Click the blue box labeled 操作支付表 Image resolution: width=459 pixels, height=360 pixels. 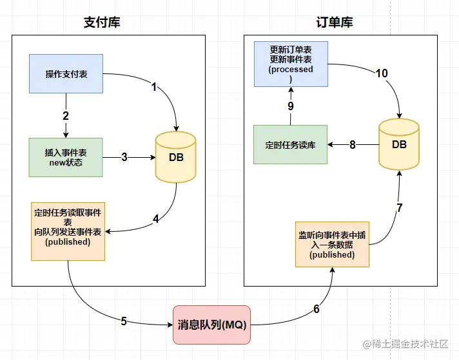point(66,73)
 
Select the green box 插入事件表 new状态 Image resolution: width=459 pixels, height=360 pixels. point(66,157)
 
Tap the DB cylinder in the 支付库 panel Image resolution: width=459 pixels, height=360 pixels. point(175,157)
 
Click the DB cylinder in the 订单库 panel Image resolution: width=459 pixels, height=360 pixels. point(399,144)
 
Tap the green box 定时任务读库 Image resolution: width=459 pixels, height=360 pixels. point(290,145)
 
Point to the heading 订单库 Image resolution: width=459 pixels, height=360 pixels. point(335,23)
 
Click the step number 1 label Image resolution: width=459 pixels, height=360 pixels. point(154,87)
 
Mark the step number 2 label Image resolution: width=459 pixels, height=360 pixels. point(66,116)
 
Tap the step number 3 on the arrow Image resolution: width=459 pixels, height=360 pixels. point(124,156)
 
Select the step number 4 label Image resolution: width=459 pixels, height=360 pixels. point(155,218)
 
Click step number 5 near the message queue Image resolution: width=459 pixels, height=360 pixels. point(124,321)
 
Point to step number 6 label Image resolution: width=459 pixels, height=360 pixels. point(316,309)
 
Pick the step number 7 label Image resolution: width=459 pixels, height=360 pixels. point(399,208)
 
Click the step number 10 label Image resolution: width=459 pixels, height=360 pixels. point(382,73)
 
